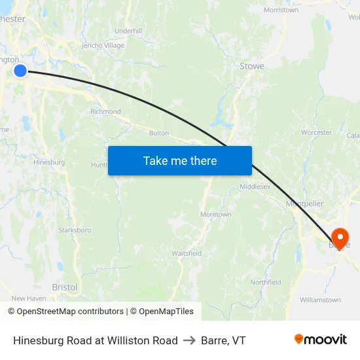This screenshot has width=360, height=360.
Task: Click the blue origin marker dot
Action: click(20, 70)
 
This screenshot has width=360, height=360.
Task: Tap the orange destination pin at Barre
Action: click(340, 237)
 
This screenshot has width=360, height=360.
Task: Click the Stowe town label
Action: click(252, 66)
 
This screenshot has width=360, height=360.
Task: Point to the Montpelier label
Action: click(304, 204)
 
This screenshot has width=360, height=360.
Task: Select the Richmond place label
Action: click(105, 111)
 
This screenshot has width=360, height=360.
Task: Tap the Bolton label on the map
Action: click(159, 133)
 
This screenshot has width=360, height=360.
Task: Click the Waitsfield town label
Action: click(187, 253)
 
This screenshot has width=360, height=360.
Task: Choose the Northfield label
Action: click(265, 282)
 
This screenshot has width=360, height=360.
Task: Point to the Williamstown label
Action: click(320, 300)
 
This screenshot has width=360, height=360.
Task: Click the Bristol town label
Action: click(64, 287)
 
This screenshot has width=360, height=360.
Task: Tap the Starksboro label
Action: click(75, 230)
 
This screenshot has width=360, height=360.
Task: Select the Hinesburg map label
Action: click(49, 162)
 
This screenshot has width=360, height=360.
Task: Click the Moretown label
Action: click(215, 214)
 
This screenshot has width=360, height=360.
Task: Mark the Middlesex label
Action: click(255, 187)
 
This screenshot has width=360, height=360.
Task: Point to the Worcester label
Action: click(317, 132)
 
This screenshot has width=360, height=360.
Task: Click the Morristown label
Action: click(281, 10)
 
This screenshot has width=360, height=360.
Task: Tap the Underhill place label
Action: click(128, 31)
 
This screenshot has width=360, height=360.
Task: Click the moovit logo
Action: click(320, 339)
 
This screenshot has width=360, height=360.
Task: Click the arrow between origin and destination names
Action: click(190, 340)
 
